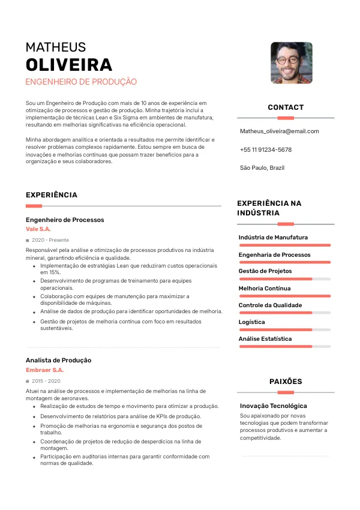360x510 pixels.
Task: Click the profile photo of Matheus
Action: [x=291, y=62]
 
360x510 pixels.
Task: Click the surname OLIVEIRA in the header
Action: [x=69, y=65]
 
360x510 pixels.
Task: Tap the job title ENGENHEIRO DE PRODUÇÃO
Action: [x=81, y=82]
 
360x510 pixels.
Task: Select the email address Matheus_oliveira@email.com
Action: [x=279, y=131]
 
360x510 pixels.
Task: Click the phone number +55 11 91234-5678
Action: [x=265, y=149]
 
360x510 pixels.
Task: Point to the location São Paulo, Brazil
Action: [x=262, y=167]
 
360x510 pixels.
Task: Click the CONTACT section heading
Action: [x=286, y=107]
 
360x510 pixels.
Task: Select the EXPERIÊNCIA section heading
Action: [x=52, y=195]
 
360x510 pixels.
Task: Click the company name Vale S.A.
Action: [x=38, y=229]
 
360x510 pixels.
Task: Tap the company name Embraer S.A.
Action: [x=44, y=370]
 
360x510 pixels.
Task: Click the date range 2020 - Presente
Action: [x=50, y=240]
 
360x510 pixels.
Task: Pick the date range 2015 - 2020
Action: [x=46, y=381]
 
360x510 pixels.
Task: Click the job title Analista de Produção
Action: [x=58, y=360]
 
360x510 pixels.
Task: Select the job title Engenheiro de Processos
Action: [x=65, y=220]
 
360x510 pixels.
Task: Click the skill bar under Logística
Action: [x=284, y=329]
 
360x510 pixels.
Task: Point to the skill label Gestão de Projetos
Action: [x=265, y=271]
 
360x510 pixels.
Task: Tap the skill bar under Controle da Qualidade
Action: [x=284, y=313]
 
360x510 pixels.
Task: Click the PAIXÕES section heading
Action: [x=286, y=382]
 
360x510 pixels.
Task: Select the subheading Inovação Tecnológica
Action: [x=273, y=406]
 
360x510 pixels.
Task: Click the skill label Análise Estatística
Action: [x=265, y=339]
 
